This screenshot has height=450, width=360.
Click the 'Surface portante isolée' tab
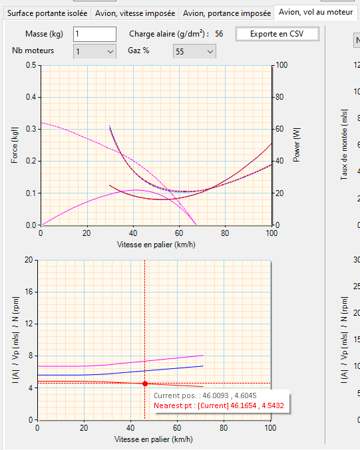pos(47,13)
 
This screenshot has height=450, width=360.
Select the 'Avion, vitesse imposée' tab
pos(135,13)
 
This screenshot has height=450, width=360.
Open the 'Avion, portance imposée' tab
pos(227,13)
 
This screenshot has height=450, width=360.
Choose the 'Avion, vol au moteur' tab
pos(316,12)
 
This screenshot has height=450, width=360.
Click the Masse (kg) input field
pos(94,34)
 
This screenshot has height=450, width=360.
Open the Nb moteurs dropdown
pos(94,51)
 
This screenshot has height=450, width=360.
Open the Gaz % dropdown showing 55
pos(194,51)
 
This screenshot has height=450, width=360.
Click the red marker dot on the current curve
pos(145,384)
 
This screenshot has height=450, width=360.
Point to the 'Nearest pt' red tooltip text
pos(219,405)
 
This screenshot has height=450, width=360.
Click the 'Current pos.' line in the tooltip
pos(205,395)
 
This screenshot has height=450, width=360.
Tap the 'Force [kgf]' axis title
pos(15,145)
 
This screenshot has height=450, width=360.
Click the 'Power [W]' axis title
pos(297,145)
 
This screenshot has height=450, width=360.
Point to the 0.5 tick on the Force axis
pos(31,65)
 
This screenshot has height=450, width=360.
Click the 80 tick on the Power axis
pos(279,97)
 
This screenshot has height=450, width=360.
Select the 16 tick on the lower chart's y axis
pos(29,292)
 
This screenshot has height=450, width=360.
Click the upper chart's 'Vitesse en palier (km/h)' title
pos(156,245)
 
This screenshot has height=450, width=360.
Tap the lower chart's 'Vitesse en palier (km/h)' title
pos(154,439)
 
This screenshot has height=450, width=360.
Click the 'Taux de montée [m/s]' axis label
pos(344,145)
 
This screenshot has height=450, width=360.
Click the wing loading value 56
pos(219,34)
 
